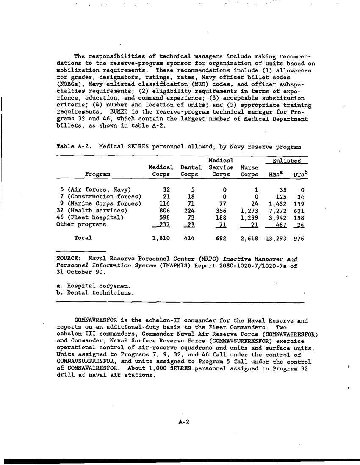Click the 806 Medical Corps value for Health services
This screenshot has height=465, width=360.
coord(164,210)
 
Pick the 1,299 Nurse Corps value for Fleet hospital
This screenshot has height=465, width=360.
coord(249,217)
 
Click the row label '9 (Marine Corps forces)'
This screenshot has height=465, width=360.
coord(98,203)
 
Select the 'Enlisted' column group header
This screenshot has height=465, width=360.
coord(286,161)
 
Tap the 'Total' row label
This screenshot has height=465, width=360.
coord(83,238)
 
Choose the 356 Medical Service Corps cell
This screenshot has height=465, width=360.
coord(221,210)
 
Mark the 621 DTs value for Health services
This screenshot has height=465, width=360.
coord(299,210)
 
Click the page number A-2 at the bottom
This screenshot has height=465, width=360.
coord(183,422)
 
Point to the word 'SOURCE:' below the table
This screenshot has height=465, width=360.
coord(69,259)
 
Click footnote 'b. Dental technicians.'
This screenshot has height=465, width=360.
coord(95,292)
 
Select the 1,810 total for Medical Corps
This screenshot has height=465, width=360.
coord(161,238)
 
